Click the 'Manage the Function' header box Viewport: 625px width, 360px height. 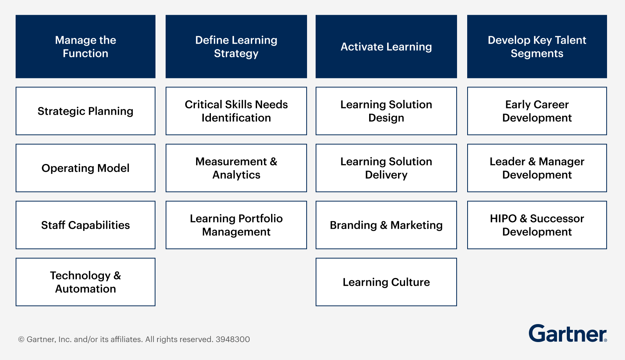click(x=86, y=46)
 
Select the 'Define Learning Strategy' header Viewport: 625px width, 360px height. click(x=236, y=46)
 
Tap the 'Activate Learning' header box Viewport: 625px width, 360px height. click(x=386, y=46)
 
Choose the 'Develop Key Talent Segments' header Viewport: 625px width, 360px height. click(x=537, y=46)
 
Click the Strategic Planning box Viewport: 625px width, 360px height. click(x=86, y=111)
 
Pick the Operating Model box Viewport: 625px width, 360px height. click(x=86, y=168)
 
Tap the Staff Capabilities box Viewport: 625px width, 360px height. click(x=86, y=225)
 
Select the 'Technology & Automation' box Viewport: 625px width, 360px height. click(x=86, y=282)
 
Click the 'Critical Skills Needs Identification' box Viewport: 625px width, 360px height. click(x=236, y=111)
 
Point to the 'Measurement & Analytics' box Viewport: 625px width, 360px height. click(x=236, y=168)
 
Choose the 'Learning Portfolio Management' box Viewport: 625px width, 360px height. click(x=236, y=225)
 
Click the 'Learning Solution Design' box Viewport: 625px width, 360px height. click(x=386, y=111)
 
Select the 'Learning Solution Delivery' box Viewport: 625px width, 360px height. click(x=386, y=168)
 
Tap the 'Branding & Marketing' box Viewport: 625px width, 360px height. click(x=386, y=225)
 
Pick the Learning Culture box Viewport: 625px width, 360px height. click(x=386, y=282)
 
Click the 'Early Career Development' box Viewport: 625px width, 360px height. click(x=537, y=111)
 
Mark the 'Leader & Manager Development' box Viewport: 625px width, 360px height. click(x=537, y=168)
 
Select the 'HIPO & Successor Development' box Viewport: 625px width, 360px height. click(x=537, y=225)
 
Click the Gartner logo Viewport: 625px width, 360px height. click(x=568, y=334)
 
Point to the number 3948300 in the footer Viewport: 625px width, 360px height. click(x=233, y=339)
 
